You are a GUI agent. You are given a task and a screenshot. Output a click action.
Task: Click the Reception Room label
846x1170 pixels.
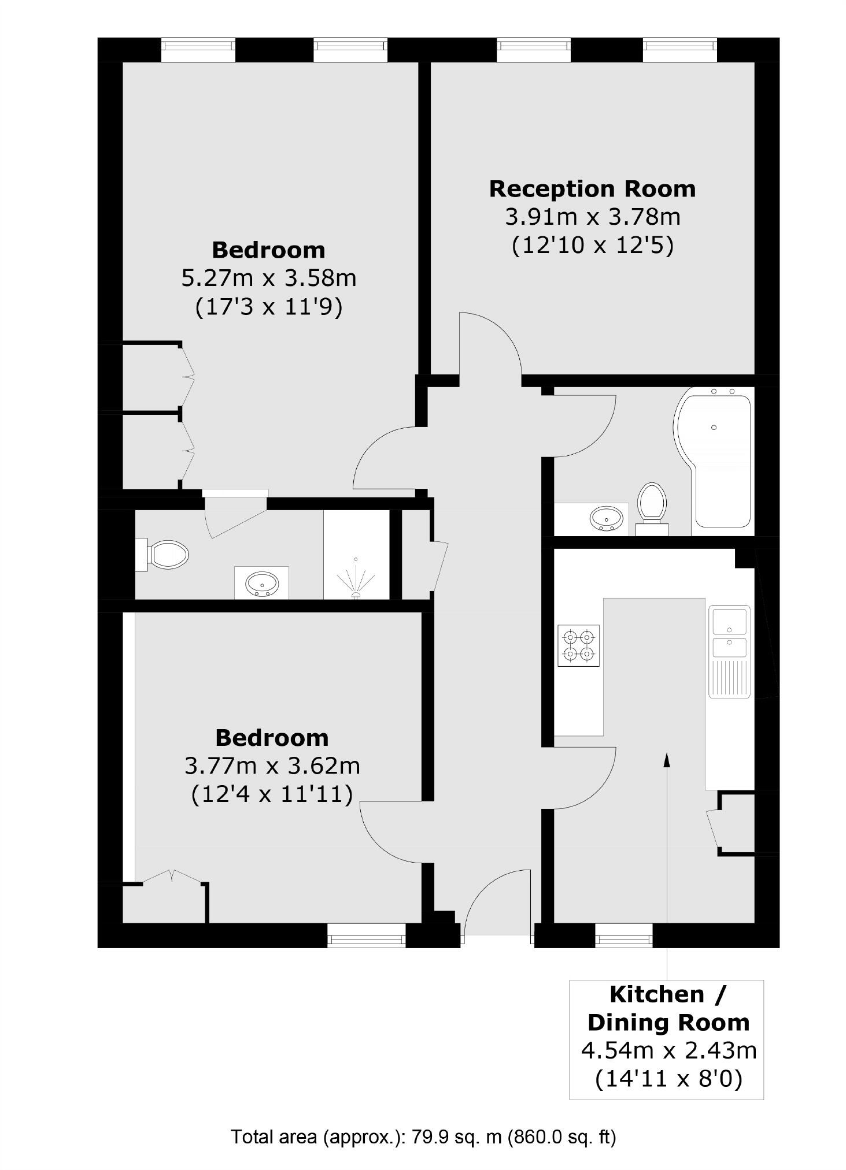pyautogui.click(x=592, y=190)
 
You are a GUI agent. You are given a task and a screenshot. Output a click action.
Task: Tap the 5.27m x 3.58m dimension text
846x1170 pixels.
pyautogui.click(x=268, y=278)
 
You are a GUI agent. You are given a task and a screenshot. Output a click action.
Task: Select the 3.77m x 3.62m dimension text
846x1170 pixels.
pyautogui.click(x=272, y=766)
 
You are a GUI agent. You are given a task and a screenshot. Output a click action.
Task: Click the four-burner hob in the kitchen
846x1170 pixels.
pyautogui.click(x=578, y=645)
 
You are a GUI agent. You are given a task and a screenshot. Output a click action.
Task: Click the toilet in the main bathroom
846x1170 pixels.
pyautogui.click(x=652, y=503)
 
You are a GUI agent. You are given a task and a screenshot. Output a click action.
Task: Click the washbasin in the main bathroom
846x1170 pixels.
pyautogui.click(x=607, y=518)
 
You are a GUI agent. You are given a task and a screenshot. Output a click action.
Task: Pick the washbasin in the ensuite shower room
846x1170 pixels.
pyautogui.click(x=262, y=584)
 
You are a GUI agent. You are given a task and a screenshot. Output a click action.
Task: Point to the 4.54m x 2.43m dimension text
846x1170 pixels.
pyautogui.click(x=668, y=1050)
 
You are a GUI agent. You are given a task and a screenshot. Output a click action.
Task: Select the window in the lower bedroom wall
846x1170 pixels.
pyautogui.click(x=366, y=935)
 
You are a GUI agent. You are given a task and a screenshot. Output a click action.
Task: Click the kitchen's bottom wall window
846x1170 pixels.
pyautogui.click(x=623, y=935)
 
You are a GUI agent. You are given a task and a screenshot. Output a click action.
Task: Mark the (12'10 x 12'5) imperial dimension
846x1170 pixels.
pyautogui.click(x=592, y=246)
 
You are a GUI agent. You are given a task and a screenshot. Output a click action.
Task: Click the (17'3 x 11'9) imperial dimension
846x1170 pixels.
pyautogui.click(x=268, y=307)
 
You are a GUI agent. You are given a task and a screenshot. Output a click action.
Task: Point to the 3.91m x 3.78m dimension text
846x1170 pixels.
pyautogui.click(x=592, y=218)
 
